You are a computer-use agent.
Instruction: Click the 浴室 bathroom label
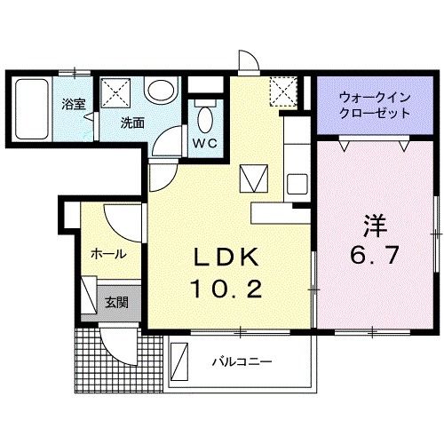73,104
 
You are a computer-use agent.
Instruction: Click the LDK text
226,258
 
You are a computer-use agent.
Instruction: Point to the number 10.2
226,288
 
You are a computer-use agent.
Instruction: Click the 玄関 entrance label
116,302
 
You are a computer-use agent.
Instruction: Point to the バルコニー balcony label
241,361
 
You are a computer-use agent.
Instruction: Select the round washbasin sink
162,91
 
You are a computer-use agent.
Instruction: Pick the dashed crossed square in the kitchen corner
284,89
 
